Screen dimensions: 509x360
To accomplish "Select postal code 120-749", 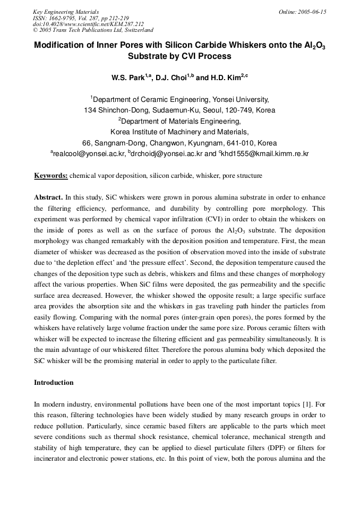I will [x=239, y=110].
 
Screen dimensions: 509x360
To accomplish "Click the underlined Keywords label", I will [x=51, y=175].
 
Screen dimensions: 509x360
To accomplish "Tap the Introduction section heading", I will [x=54, y=382].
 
